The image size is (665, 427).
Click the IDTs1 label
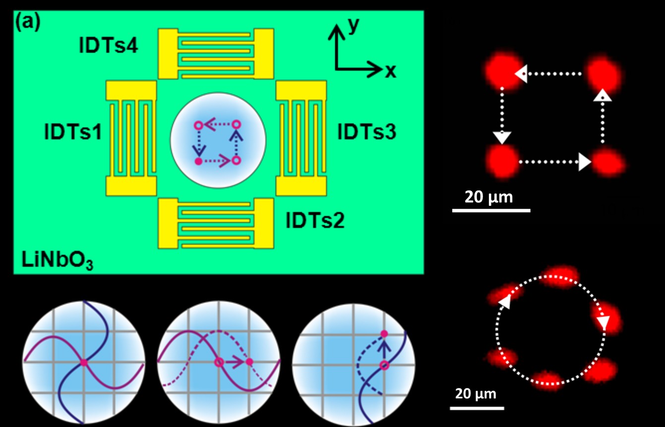(x=73, y=132)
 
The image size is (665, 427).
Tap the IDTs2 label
(x=315, y=220)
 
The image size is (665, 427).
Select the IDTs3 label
(x=366, y=132)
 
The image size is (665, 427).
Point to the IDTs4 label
(x=109, y=46)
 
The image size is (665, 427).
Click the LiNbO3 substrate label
(x=58, y=260)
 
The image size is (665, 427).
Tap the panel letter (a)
(x=28, y=23)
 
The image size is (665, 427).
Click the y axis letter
(x=354, y=26)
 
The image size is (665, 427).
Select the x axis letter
(x=390, y=71)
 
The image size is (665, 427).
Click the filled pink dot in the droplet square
(x=198, y=162)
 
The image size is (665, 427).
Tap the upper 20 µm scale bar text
(x=488, y=197)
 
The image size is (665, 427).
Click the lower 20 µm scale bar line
(x=477, y=408)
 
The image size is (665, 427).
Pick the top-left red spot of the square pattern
(x=503, y=71)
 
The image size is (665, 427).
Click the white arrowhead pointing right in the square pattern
(x=585, y=162)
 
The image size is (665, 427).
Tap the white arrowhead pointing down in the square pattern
(x=502, y=138)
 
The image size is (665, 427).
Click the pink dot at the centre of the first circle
(x=84, y=363)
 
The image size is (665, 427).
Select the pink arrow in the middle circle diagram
(x=235, y=362)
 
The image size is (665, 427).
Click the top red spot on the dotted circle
(x=559, y=276)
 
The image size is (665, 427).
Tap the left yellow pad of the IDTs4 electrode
(x=168, y=54)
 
